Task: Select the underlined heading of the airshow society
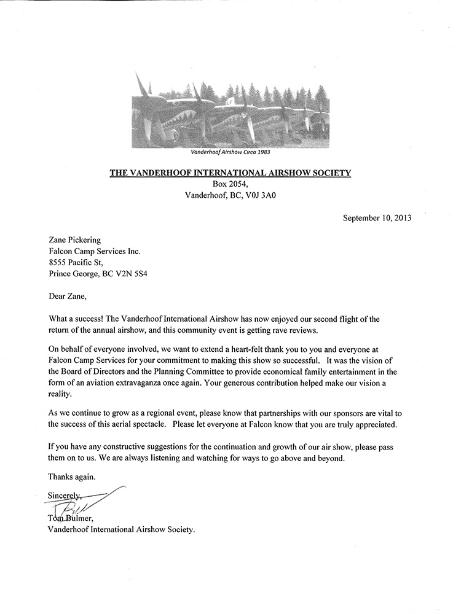tap(230, 173)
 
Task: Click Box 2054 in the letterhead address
tap(230, 185)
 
